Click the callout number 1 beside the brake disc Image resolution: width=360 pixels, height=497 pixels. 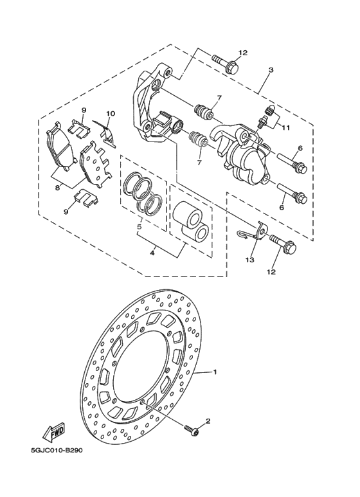[216, 372]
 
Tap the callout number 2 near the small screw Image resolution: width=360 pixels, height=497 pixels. [208, 421]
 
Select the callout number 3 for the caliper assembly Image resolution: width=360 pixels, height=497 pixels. [271, 69]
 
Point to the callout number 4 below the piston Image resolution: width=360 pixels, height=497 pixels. [152, 253]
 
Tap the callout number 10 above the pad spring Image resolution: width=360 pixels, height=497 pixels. [111, 114]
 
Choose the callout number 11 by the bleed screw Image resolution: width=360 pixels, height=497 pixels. [286, 127]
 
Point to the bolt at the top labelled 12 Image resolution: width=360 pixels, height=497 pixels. [226, 65]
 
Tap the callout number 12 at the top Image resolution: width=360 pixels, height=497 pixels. [242, 53]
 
